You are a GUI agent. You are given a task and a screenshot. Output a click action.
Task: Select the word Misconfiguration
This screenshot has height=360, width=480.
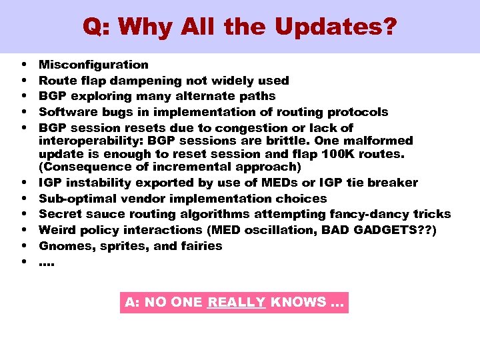pos(93,65)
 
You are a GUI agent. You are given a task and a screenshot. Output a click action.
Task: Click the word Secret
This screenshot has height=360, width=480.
pos(59,214)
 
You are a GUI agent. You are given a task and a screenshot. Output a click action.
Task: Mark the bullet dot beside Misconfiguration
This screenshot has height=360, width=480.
pos(24,65)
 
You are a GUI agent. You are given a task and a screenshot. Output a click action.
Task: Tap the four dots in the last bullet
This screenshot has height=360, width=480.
pos(47,263)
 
